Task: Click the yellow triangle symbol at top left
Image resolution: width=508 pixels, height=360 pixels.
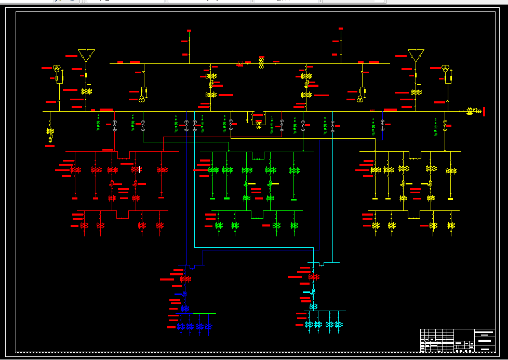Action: tap(86, 54)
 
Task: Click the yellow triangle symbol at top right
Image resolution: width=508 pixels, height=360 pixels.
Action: tap(416, 54)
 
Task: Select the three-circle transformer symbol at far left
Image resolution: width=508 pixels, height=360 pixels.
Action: tap(57, 69)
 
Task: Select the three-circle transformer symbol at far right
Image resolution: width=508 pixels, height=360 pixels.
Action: tap(446, 69)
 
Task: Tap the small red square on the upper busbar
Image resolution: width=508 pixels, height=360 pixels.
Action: tap(239, 64)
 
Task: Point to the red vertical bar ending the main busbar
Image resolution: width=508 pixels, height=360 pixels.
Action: tap(484, 111)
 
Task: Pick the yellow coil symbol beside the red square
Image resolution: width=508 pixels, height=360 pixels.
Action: tap(261, 63)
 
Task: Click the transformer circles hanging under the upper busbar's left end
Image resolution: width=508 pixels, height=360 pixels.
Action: tap(142, 98)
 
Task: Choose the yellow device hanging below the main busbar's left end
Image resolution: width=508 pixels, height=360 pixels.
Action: tap(50, 134)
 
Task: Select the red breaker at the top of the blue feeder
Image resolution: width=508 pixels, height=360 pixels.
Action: tap(185, 279)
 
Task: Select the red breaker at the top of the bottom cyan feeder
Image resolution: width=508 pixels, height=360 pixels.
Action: tap(314, 277)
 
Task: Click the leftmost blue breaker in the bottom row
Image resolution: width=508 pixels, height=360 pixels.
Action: tap(181, 326)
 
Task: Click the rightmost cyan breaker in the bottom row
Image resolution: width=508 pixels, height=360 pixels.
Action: tap(339, 324)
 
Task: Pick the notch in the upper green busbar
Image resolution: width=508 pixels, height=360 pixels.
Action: tap(258, 156)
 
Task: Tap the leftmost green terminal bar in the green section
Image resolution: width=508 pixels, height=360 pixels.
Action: tap(212, 198)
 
